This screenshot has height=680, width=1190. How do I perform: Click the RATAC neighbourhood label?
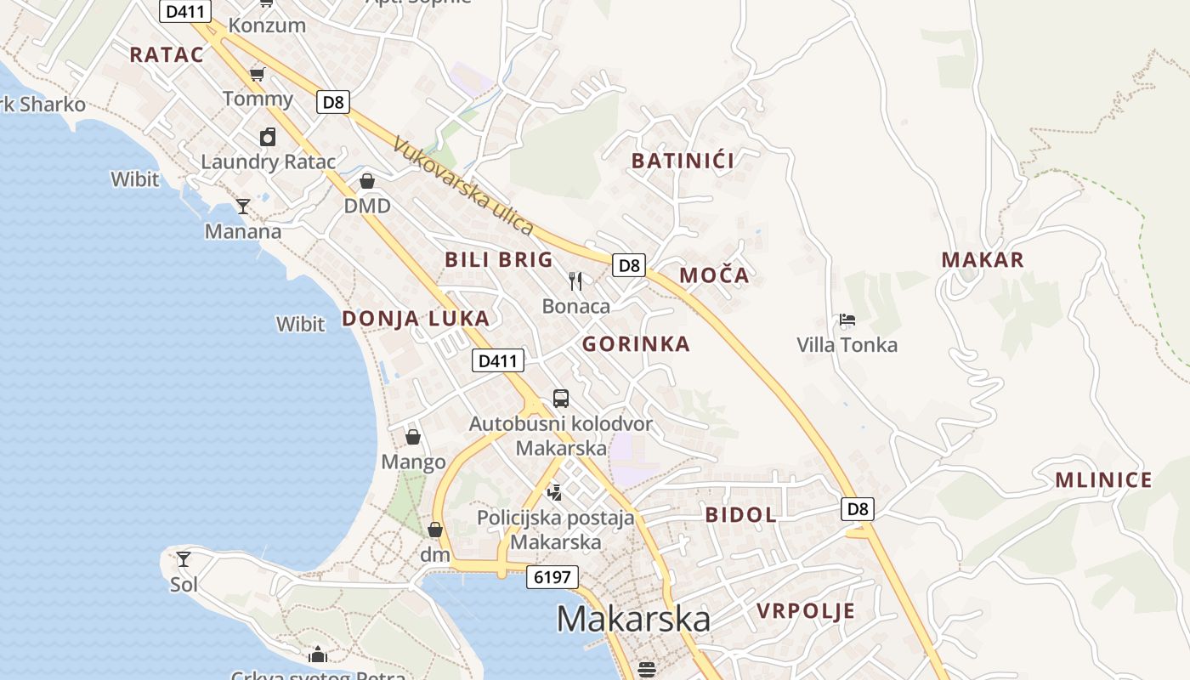tap(167, 55)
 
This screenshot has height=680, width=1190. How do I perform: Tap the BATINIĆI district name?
tap(683, 161)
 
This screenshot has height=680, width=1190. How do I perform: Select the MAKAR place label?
tap(983, 260)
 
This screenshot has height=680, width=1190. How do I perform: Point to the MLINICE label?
tap(1103, 480)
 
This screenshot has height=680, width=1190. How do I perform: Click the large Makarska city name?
tap(633, 619)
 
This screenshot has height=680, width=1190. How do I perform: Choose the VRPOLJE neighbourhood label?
tap(806, 611)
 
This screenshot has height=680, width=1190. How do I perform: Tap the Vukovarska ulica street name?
tap(463, 185)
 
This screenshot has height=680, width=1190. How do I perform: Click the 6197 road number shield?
tap(552, 578)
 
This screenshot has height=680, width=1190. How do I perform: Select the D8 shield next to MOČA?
tap(629, 265)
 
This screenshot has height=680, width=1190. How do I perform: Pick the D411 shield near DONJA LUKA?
tap(498, 360)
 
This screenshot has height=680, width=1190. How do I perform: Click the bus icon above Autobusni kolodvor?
tap(561, 398)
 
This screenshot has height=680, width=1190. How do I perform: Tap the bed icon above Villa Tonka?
tap(847, 320)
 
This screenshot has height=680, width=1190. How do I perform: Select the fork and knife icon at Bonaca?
tap(575, 280)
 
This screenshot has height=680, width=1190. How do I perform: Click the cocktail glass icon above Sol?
tap(184, 559)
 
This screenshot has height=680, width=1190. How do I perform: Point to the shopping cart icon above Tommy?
tap(258, 74)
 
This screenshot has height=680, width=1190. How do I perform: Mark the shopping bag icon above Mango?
tap(413, 437)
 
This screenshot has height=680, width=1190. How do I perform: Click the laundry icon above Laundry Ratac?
tap(268, 137)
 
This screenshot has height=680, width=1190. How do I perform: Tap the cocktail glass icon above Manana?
tap(243, 207)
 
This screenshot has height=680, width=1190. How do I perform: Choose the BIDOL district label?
tap(741, 514)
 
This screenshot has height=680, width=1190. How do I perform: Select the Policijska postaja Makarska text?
tap(556, 530)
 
